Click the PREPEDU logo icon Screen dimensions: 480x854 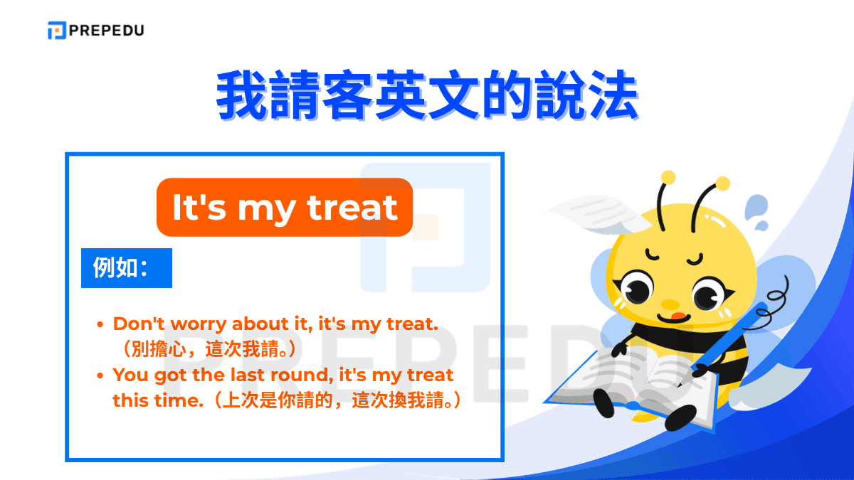point(57,31)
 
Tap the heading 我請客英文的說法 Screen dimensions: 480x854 point(427,94)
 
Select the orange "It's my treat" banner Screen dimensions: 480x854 point(285,207)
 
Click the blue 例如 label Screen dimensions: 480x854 point(126,268)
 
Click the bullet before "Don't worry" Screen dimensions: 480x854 point(100,325)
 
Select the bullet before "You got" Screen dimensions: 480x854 point(100,375)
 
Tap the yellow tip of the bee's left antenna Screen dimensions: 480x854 point(668,177)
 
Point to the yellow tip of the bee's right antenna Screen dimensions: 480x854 point(722,184)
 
